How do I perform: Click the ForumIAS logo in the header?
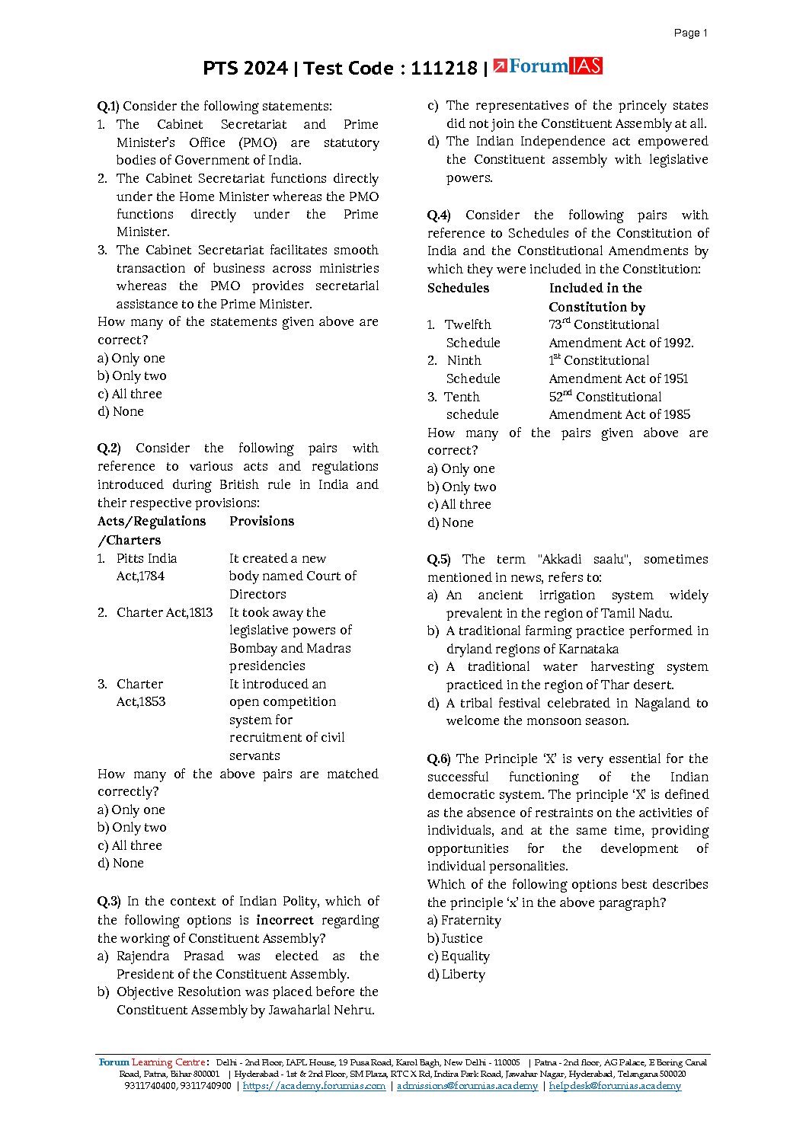[548, 67]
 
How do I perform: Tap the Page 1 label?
[691, 33]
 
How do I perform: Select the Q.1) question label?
[108, 107]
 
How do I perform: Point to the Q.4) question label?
[438, 216]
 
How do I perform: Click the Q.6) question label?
[438, 759]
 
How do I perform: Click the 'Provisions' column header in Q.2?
[261, 522]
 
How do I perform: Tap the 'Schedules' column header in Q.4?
[458, 289]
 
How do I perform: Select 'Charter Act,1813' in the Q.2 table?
[165, 613]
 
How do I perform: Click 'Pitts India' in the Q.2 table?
[146, 559]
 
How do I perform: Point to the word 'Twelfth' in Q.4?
[468, 325]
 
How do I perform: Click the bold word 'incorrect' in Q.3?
[284, 921]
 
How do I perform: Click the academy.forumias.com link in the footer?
[314, 1086]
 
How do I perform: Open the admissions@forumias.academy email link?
[467, 1086]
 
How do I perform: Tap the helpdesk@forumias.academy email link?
[615, 1086]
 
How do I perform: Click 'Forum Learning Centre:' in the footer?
[154, 1062]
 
